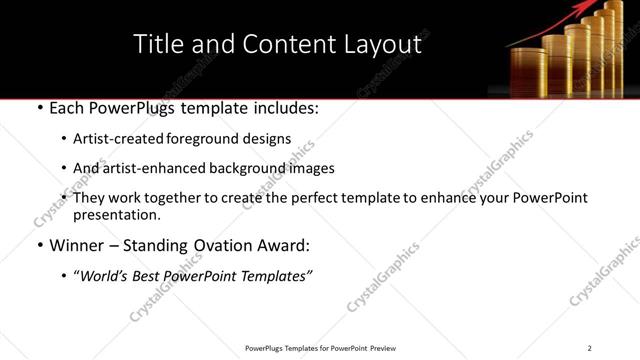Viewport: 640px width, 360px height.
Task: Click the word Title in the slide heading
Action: point(158,44)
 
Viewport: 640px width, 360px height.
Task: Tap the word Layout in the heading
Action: point(381,44)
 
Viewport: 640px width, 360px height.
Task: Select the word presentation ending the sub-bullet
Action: point(116,214)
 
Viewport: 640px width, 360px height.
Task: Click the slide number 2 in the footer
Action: point(589,348)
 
